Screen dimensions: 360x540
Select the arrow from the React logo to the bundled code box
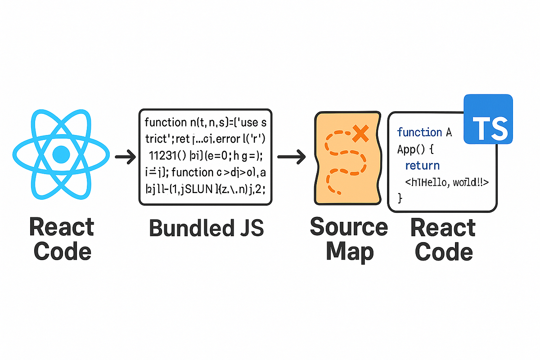tap(126, 157)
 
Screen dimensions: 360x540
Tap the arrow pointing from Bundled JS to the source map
tap(292, 157)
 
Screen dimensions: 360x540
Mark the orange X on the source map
tap(360, 132)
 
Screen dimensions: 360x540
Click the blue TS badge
tap(488, 119)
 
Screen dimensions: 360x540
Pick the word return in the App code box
tap(422, 166)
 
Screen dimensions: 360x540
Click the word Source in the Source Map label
tap(349, 227)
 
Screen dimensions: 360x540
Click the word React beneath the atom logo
tap(62, 227)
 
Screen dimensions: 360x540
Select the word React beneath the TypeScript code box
tap(443, 228)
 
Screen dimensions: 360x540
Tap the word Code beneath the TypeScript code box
tap(444, 252)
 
